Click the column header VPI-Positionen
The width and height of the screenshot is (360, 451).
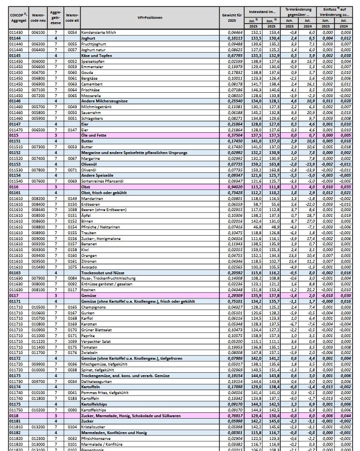(x=150, y=17)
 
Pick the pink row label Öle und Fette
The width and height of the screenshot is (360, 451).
(x=94, y=135)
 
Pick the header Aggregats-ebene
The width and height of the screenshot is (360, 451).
(x=55, y=17)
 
